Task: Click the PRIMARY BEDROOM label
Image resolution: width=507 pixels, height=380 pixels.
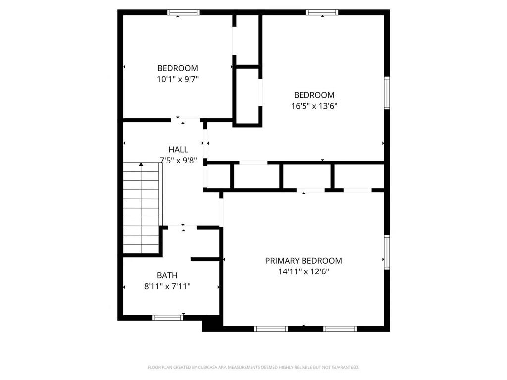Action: (304, 261)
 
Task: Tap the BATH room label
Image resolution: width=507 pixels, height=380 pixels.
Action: (167, 275)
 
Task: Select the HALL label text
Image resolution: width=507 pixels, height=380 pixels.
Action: (178, 149)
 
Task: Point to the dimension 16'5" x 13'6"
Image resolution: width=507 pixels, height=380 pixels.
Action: (314, 106)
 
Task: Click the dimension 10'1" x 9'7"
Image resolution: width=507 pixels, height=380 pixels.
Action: (178, 79)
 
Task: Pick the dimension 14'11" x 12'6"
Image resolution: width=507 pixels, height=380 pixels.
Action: (304, 271)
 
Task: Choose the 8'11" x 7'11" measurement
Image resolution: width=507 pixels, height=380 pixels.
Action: (167, 286)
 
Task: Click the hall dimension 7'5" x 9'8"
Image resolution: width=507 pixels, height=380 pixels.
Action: (179, 160)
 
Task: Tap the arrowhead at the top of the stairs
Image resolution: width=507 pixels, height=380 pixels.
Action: (141, 164)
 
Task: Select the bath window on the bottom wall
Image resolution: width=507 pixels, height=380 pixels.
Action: (168, 318)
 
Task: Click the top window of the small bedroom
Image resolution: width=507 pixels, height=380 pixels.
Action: (183, 12)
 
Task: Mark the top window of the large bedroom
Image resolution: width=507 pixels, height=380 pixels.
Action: (322, 12)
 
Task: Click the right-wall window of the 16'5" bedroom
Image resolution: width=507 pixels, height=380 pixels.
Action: (387, 93)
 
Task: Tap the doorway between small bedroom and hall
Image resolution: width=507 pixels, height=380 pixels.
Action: (186, 120)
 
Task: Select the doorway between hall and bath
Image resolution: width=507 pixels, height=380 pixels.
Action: (182, 227)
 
